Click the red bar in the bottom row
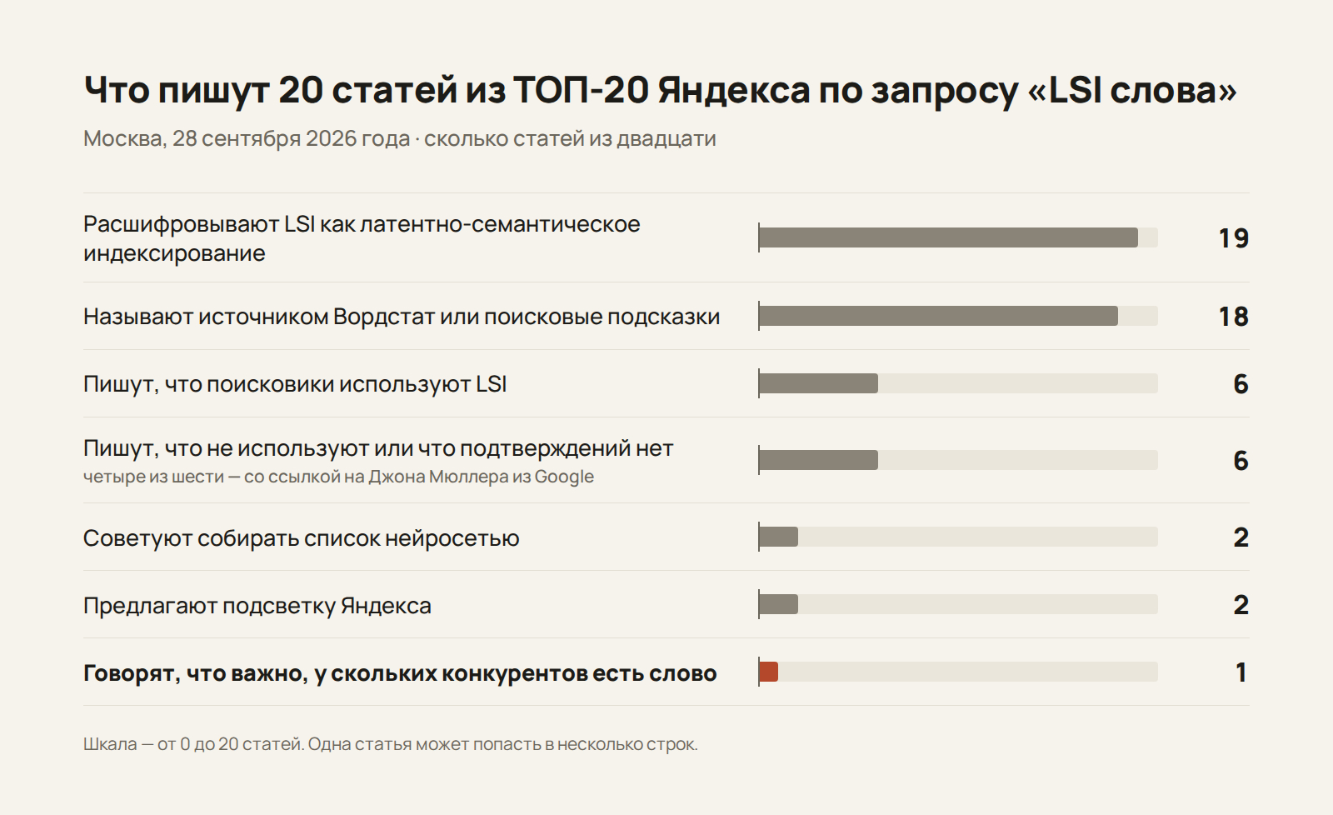tap(769, 672)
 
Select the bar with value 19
tap(949, 237)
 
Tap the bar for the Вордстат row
tap(938, 316)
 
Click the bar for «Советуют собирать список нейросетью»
tap(778, 537)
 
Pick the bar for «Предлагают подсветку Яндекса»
tap(778, 604)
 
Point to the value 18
tap(1233, 317)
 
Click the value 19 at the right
tap(1233, 238)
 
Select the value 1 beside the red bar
tap(1241, 672)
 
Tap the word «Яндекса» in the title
tap(734, 91)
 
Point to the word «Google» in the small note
tap(564, 477)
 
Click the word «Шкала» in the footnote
tap(110, 744)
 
